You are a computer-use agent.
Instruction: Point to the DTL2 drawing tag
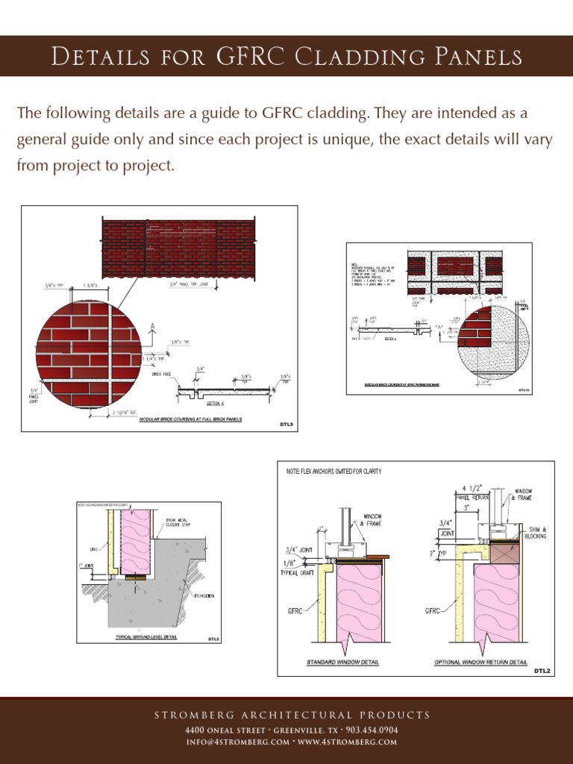[x=541, y=671]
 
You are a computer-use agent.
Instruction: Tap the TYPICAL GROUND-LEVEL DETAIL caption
[x=146, y=637]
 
